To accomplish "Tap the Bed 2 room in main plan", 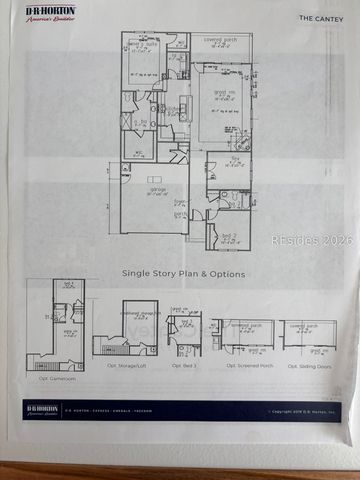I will coord(228,236).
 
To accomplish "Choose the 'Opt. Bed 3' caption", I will coord(185,367).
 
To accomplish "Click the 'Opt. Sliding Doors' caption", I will coord(309,366).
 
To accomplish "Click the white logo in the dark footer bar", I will coord(40,410).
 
